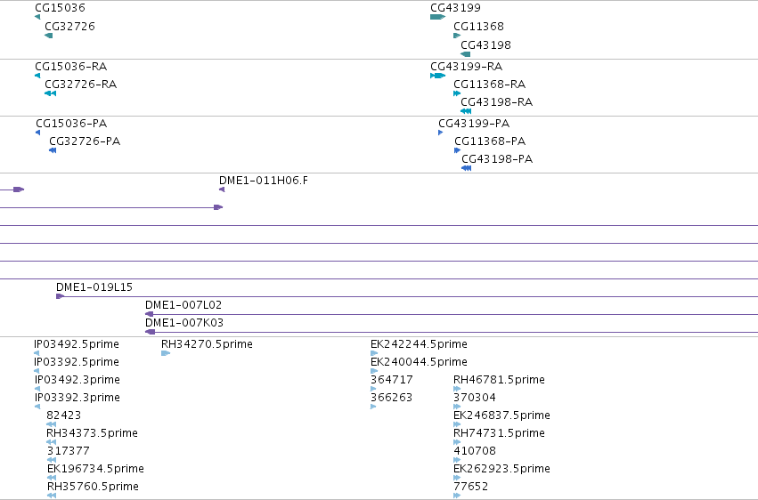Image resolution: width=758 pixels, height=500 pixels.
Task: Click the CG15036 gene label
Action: (60, 8)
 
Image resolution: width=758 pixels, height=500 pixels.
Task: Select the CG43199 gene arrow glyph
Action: (437, 17)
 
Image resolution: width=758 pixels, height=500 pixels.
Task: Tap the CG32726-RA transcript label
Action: (81, 85)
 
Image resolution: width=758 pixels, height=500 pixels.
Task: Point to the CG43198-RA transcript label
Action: (496, 102)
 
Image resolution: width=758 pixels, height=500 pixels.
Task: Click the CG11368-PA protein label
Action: (490, 141)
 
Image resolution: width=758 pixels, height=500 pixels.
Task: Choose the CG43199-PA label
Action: (474, 124)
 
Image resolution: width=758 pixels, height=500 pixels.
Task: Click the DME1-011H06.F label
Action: (264, 181)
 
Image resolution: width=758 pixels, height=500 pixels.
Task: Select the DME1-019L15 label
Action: (94, 287)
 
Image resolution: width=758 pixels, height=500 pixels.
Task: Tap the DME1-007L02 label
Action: (183, 305)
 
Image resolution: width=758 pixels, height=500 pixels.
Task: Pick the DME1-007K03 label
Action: (184, 323)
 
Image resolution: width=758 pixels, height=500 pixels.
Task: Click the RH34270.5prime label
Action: (207, 344)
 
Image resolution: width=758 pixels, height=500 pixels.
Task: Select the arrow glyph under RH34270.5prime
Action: (166, 353)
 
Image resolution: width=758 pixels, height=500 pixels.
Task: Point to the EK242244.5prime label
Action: (419, 344)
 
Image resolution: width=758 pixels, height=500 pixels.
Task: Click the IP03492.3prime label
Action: (77, 380)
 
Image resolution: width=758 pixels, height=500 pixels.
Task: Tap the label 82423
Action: (64, 415)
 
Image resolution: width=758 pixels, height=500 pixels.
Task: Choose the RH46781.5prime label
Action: (499, 380)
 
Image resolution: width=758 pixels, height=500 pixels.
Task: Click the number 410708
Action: (475, 451)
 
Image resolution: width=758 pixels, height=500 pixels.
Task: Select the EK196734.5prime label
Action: (95, 469)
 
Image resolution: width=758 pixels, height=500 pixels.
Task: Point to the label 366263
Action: (392, 398)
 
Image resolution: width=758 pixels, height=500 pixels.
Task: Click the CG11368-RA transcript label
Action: (489, 85)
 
